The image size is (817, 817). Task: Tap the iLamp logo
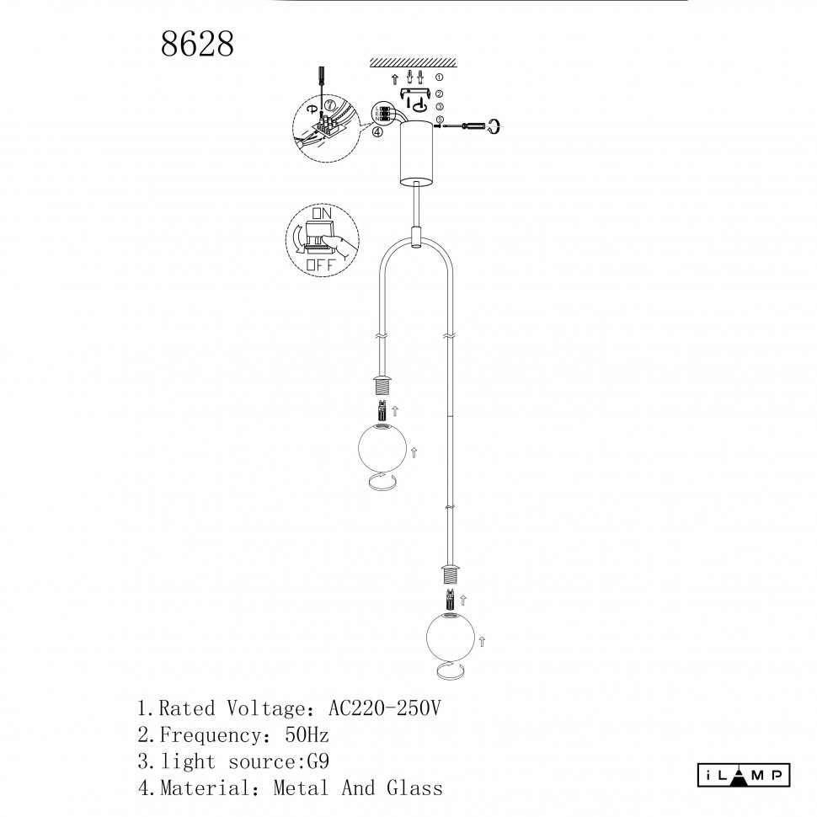click(x=744, y=776)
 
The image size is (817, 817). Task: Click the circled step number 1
click(x=439, y=77)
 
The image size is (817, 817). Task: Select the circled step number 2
click(x=439, y=93)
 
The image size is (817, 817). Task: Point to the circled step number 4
click(x=378, y=132)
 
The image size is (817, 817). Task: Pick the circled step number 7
click(x=328, y=104)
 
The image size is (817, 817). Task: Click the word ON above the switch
click(x=322, y=213)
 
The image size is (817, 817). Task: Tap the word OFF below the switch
click(x=320, y=264)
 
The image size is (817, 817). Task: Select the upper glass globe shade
click(x=382, y=447)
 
